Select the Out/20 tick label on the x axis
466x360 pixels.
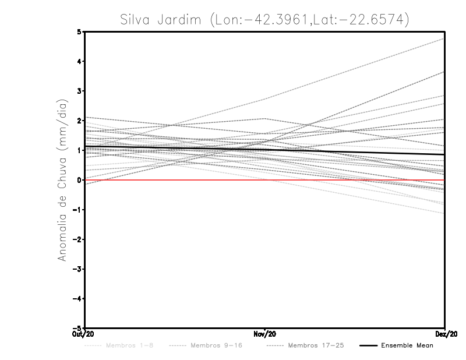[x=84, y=334]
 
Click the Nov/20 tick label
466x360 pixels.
[x=265, y=334]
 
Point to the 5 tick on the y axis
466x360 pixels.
[x=79, y=31]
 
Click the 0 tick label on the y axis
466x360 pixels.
[x=79, y=180]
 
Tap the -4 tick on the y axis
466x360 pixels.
[x=77, y=298]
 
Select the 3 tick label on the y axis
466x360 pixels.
[x=79, y=91]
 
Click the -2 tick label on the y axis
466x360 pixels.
[x=77, y=239]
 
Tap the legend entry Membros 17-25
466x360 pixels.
[x=308, y=346]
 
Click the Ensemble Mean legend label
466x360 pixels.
[x=407, y=346]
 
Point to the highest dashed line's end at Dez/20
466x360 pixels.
[x=444, y=39]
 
